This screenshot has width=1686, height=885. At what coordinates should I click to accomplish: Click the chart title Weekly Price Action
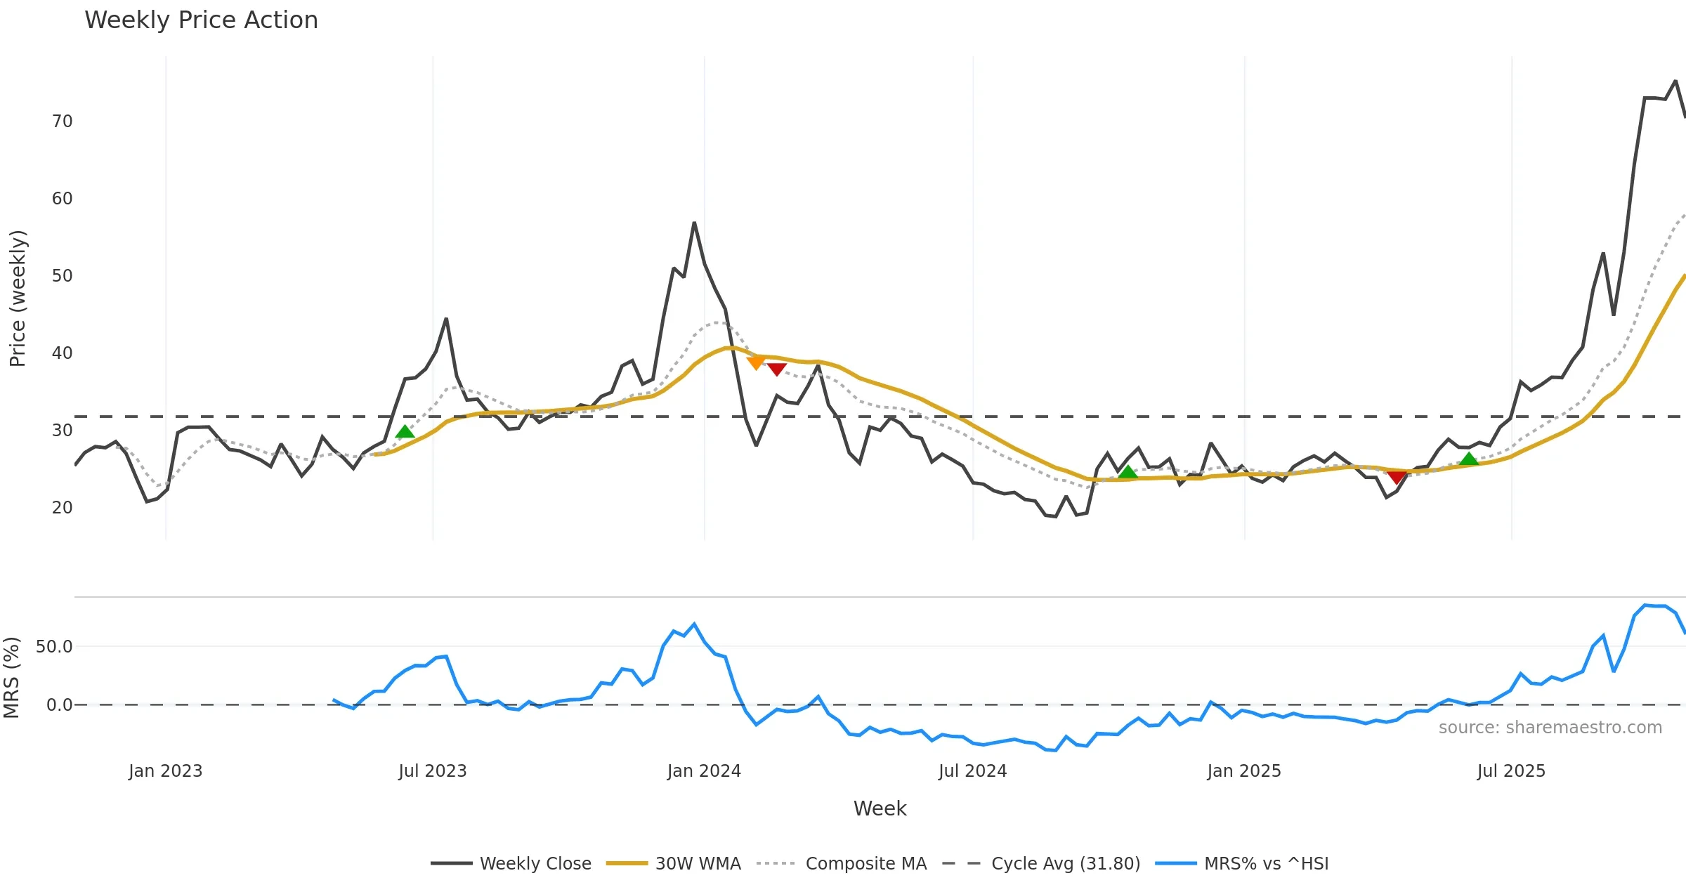201,20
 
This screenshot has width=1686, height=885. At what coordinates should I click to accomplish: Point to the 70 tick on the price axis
62,122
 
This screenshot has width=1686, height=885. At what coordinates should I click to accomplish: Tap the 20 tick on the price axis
62,508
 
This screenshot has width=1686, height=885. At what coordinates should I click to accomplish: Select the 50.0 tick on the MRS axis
54,647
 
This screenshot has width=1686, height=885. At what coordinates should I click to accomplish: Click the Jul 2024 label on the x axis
972,771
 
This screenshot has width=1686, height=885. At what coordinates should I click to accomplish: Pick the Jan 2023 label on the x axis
165,771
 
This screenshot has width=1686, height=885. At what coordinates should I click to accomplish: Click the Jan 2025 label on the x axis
1243,771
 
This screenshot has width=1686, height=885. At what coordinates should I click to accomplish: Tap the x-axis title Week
880,809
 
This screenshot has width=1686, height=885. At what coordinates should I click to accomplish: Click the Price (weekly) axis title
18,299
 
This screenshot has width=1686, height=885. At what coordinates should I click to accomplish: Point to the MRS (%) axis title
11,678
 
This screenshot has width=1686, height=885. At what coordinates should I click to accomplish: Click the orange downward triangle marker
756,362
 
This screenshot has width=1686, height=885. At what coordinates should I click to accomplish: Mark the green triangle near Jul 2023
405,432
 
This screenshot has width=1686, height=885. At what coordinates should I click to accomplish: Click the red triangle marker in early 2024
776,369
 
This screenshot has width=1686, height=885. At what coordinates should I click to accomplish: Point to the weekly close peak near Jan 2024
694,223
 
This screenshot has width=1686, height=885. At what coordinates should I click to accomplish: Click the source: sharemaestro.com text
1550,728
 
